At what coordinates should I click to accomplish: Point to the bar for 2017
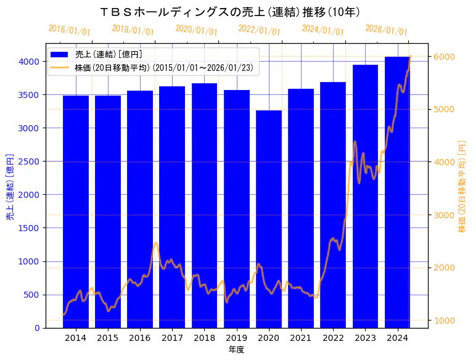[x=172, y=207]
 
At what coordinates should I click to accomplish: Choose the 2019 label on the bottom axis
[x=237, y=338]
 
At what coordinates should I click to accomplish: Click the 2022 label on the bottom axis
[x=333, y=338]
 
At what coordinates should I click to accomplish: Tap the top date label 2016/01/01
[x=69, y=30]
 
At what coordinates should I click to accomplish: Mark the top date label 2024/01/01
[x=323, y=30]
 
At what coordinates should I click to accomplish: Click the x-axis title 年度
[x=236, y=350]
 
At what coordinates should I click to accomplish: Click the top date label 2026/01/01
[x=386, y=30]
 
